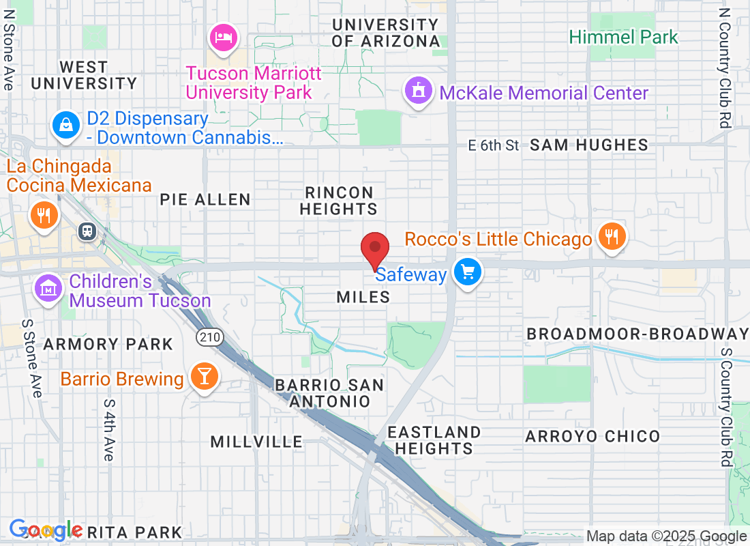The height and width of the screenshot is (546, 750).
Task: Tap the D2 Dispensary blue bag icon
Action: (x=65, y=125)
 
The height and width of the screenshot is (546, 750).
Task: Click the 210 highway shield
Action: (x=210, y=336)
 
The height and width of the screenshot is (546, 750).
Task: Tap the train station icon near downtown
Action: (x=87, y=231)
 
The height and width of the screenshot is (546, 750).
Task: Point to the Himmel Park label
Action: (x=624, y=37)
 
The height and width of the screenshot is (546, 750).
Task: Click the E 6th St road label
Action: (x=494, y=145)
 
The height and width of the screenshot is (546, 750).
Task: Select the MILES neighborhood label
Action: (x=363, y=297)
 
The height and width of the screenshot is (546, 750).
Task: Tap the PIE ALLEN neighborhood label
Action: (x=205, y=199)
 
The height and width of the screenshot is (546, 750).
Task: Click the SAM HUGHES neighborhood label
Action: (x=589, y=145)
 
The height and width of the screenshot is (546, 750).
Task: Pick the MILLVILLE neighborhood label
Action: (x=256, y=442)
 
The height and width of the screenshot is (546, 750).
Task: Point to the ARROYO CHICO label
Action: (x=592, y=436)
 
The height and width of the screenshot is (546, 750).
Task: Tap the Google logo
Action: (x=46, y=530)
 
